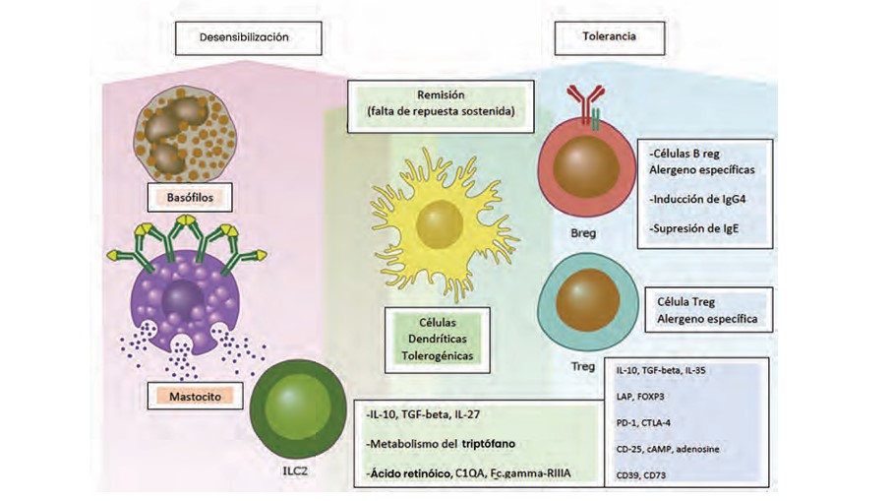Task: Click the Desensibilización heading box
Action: click(246, 37)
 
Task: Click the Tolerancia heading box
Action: click(608, 37)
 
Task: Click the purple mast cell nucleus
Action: click(183, 300)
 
